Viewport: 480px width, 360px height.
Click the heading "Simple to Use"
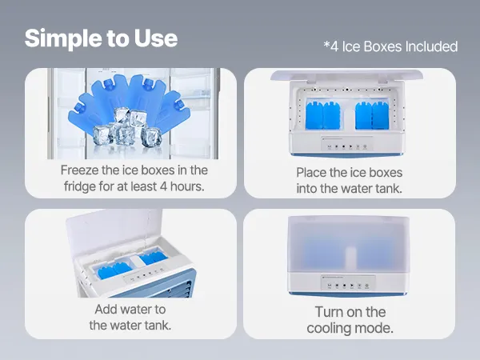[101, 38]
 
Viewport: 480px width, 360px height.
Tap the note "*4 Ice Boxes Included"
[390, 46]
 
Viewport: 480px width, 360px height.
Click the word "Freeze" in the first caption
[79, 170]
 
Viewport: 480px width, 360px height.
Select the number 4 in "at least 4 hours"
[163, 186]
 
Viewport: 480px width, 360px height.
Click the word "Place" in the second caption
[311, 173]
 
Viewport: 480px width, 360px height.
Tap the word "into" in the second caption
[306, 189]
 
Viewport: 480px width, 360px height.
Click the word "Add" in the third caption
[106, 309]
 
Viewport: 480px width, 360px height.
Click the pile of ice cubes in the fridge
[126, 129]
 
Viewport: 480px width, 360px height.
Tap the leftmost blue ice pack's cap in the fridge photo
[78, 107]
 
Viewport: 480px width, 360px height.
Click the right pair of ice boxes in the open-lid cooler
[372, 115]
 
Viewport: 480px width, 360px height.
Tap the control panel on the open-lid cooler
[347, 143]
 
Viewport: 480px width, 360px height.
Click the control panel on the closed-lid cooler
[348, 283]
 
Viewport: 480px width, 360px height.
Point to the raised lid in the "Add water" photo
[114, 231]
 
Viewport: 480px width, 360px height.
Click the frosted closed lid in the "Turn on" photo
[349, 244]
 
